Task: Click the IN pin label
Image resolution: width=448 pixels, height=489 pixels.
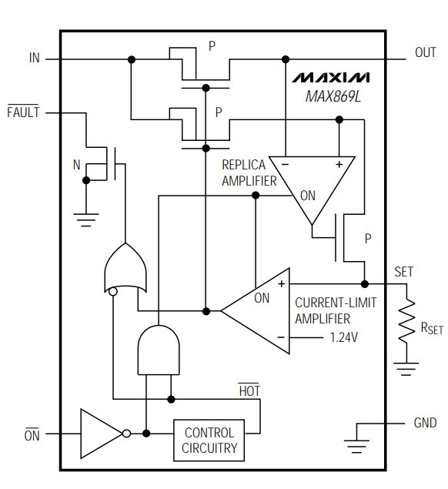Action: (x=35, y=58)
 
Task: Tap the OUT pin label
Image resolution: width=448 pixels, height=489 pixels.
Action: (x=425, y=52)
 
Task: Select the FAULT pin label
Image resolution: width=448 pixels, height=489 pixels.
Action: (x=23, y=112)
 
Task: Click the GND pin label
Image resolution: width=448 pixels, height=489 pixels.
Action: (x=425, y=423)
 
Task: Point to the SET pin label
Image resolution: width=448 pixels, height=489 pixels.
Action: (x=403, y=272)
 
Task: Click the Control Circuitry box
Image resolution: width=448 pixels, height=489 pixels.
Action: (x=209, y=440)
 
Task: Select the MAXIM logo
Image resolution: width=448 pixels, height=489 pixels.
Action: (x=330, y=78)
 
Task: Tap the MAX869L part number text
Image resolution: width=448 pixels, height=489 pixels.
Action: (x=333, y=96)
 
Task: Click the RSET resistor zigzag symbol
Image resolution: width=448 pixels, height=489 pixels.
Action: (x=406, y=320)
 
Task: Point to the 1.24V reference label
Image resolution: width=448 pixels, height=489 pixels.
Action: (x=343, y=337)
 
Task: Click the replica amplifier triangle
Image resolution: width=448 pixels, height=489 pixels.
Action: (x=312, y=190)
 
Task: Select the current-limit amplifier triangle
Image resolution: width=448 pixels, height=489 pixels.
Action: (x=256, y=310)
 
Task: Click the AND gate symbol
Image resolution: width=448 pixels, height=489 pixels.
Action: (x=159, y=350)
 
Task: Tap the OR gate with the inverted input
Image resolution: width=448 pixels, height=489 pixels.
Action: (x=125, y=268)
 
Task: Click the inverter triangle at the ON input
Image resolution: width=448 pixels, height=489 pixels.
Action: (x=102, y=434)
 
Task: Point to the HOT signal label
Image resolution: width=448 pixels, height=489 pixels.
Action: (x=249, y=390)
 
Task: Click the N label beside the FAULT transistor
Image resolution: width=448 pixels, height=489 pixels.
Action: (x=77, y=165)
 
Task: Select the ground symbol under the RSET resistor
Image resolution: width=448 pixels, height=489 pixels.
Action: (x=406, y=369)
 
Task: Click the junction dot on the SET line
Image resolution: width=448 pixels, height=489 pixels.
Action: (x=364, y=284)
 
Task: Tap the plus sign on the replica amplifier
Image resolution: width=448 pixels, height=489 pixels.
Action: (x=339, y=164)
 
